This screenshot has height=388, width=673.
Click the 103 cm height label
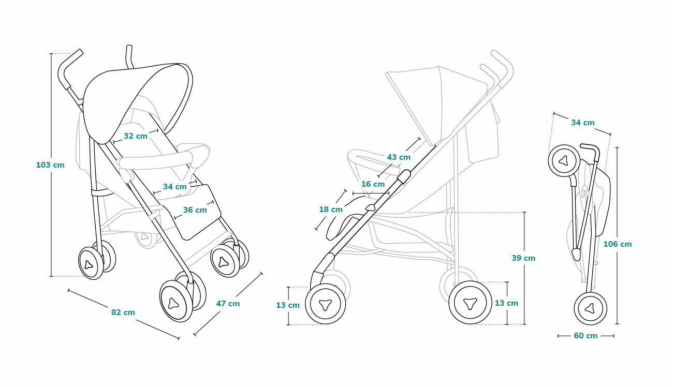50,165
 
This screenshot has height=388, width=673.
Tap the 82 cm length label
123,312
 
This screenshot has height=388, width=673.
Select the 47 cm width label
228,304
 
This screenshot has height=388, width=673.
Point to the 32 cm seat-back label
135,136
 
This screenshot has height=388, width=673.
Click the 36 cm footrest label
195,210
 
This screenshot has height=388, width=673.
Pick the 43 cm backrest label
399,157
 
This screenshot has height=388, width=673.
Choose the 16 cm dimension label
373,184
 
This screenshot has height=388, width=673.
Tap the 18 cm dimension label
331,210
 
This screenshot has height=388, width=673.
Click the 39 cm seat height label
523,258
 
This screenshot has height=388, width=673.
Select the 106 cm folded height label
618,244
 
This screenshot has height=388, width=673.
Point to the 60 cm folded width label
586,336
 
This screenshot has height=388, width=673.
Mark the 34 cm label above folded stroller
582,123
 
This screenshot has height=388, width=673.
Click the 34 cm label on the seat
174,186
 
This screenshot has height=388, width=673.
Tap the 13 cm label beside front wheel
288,305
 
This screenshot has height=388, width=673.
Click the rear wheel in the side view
471,303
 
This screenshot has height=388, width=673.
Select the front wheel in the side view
326,305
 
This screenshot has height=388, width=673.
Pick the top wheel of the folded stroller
563,160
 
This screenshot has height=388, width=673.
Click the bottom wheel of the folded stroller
590,308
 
